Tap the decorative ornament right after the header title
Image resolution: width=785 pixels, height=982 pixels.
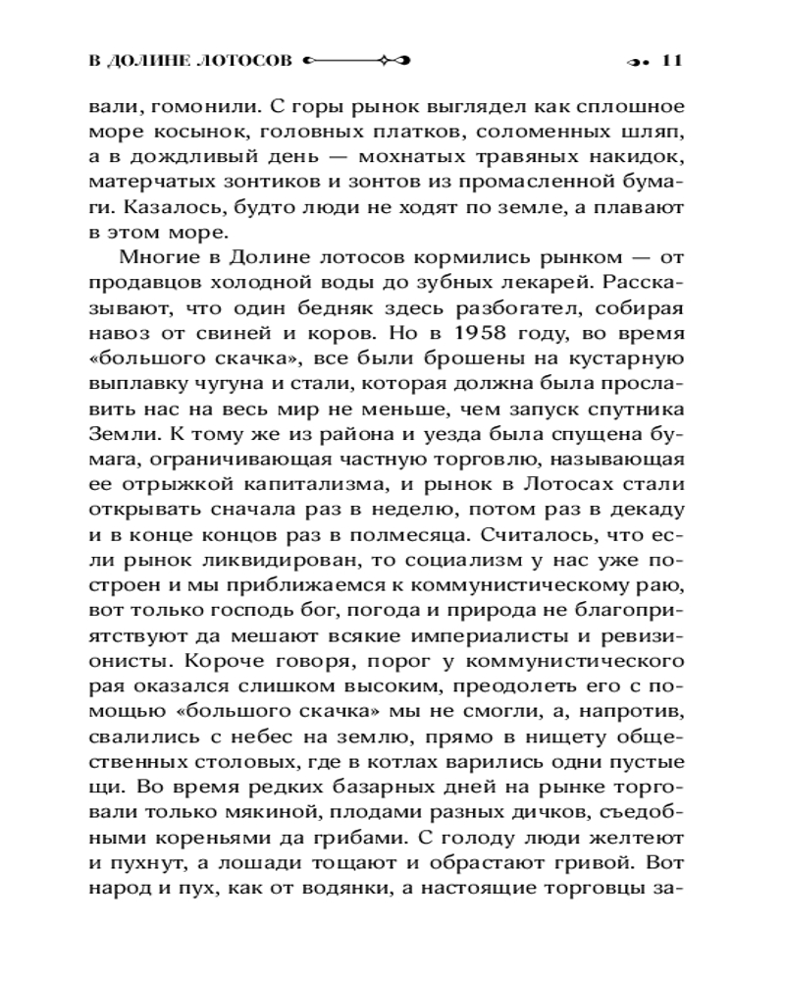click(x=357, y=60)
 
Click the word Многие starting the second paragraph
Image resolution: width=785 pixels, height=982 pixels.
click(x=161, y=259)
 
